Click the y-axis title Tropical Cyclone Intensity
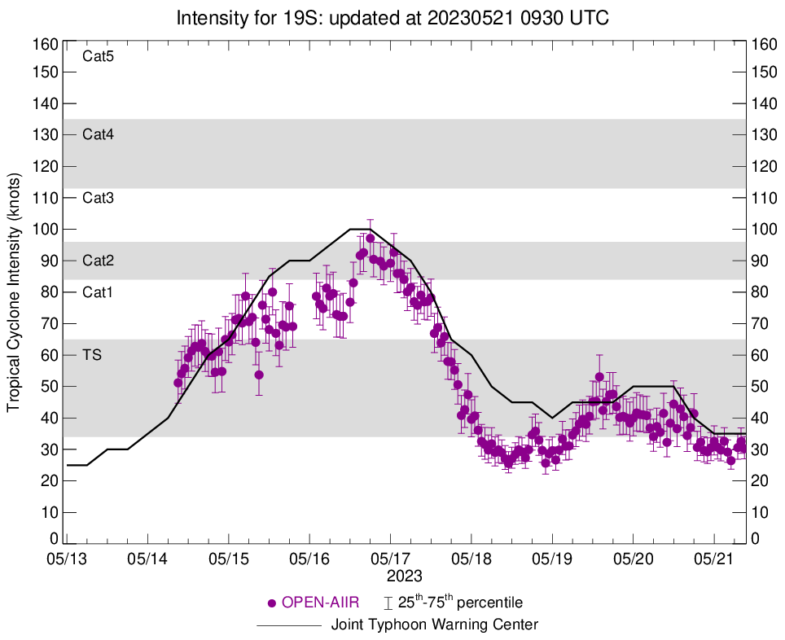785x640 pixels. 14,292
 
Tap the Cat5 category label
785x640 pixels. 98,57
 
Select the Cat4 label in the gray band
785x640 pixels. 98,135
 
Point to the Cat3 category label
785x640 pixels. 98,198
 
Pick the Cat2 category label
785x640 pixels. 98,261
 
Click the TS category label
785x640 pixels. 92,356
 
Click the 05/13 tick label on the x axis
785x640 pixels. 67,560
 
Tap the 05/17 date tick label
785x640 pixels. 390,560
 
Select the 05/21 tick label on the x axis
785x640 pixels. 714,560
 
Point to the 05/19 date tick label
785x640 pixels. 552,560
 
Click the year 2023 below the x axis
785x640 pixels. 405,576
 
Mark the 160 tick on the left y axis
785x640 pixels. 45,43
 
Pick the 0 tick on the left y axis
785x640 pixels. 54,539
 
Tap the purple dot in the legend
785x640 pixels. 272,603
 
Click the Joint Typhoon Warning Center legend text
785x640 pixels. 435,625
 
